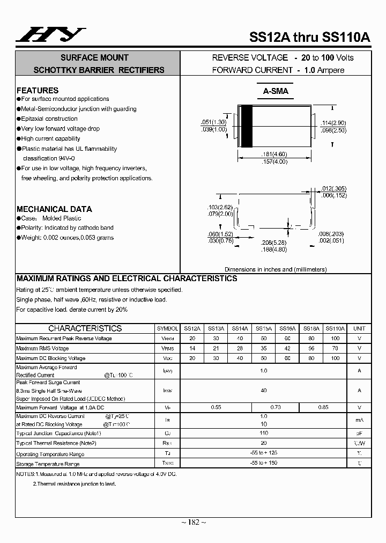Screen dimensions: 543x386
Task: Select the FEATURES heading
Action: [x=38, y=90]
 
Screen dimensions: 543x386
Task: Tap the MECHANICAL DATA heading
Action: [x=54, y=209]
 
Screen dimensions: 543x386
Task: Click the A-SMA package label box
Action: [x=276, y=91]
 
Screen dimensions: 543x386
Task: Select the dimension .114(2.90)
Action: [x=333, y=123]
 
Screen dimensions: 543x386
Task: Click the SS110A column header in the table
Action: [x=335, y=328]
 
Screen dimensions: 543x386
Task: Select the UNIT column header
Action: [x=359, y=328]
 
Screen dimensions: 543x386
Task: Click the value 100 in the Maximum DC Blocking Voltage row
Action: [x=335, y=358]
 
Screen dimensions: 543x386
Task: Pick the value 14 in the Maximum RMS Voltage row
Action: [x=192, y=348]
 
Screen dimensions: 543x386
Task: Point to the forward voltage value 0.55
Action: [x=216, y=407]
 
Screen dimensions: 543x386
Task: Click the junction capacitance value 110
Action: [x=263, y=432]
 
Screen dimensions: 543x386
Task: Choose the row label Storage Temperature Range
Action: [x=48, y=464]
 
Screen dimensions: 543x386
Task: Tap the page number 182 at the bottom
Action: [x=193, y=522]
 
